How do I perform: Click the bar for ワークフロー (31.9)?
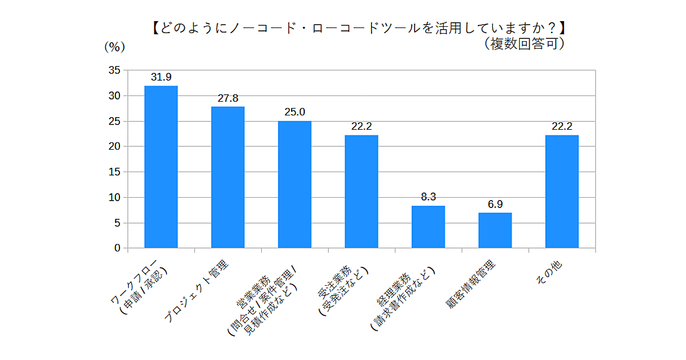coord(161,167)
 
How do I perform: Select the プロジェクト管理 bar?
coord(228,177)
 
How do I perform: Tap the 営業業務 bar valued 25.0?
coord(295,185)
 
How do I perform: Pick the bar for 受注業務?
coord(361,191)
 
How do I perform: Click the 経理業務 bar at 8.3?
coord(428,227)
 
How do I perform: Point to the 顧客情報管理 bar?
coord(495,230)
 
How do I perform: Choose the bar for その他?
coord(562,191)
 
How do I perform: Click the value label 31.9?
coord(161,77)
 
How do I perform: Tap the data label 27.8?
coord(228,98)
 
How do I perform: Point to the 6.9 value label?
coord(495,204)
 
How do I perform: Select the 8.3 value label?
coord(428,197)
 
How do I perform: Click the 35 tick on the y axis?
coord(114,70)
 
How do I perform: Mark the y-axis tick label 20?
coord(114,146)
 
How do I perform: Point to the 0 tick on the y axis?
coord(117,248)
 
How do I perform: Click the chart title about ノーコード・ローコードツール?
coord(360,28)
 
